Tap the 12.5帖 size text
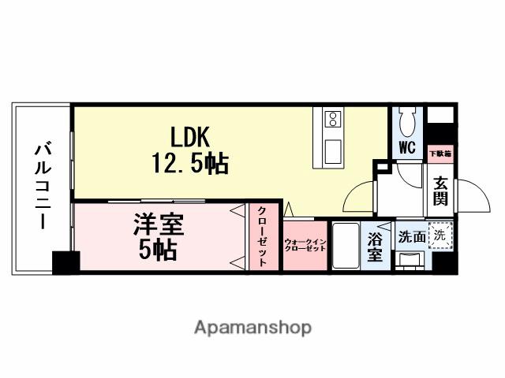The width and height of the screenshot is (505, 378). [189, 163]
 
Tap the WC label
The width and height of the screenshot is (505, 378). [406, 147]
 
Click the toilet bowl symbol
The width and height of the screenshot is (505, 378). [408, 122]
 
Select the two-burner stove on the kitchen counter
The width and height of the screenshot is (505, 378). [333, 120]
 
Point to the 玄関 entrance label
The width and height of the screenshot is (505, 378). [440, 191]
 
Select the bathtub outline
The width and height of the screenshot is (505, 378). [345, 245]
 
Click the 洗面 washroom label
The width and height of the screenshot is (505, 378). [410, 235]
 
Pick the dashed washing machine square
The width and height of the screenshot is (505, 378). [440, 234]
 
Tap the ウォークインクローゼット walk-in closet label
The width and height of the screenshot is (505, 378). [305, 244]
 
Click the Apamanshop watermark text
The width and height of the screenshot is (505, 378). [252, 327]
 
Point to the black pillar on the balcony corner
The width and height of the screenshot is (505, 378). [65, 262]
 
